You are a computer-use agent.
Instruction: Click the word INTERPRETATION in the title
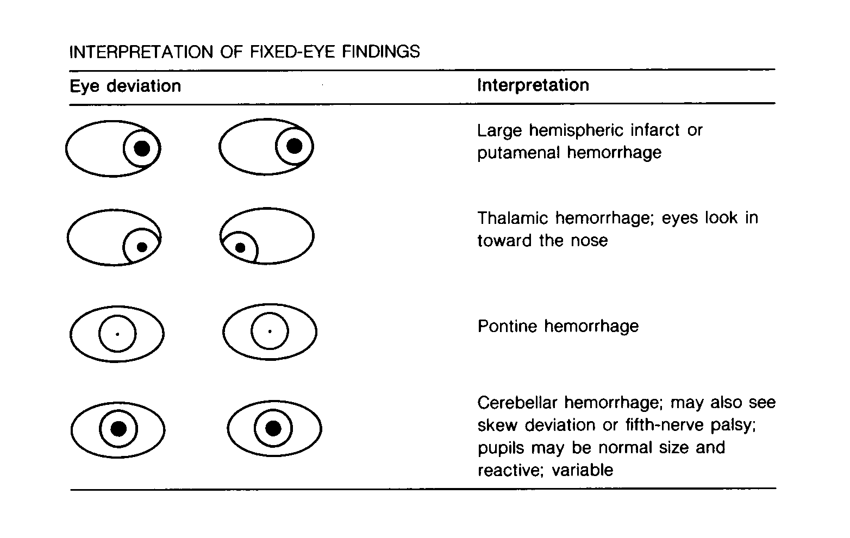pyautogui.click(x=141, y=52)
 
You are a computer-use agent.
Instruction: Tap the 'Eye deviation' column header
pyautogui.click(x=125, y=86)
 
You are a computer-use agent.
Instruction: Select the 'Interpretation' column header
pyautogui.click(x=533, y=85)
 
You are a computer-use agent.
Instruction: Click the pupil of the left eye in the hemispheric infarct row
pyautogui.click(x=142, y=148)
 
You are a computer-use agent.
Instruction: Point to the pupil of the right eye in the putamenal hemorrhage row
pyautogui.click(x=295, y=146)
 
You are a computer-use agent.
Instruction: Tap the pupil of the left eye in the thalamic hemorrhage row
pyautogui.click(x=142, y=247)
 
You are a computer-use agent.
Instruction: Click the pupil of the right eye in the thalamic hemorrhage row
pyautogui.click(x=240, y=248)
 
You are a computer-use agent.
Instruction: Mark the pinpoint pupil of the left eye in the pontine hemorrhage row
pyautogui.click(x=117, y=334)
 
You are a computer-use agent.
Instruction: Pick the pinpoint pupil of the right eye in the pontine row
pyautogui.click(x=270, y=331)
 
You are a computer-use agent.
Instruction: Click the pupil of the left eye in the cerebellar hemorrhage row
pyautogui.click(x=118, y=429)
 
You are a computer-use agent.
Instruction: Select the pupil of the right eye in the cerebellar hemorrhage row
pyautogui.click(x=273, y=428)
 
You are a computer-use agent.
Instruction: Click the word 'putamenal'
pyautogui.click(x=518, y=153)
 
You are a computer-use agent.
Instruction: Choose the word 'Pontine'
pyautogui.click(x=508, y=326)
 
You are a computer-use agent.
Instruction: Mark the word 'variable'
pyautogui.click(x=583, y=471)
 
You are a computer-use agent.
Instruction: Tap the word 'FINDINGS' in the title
pyautogui.click(x=381, y=52)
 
